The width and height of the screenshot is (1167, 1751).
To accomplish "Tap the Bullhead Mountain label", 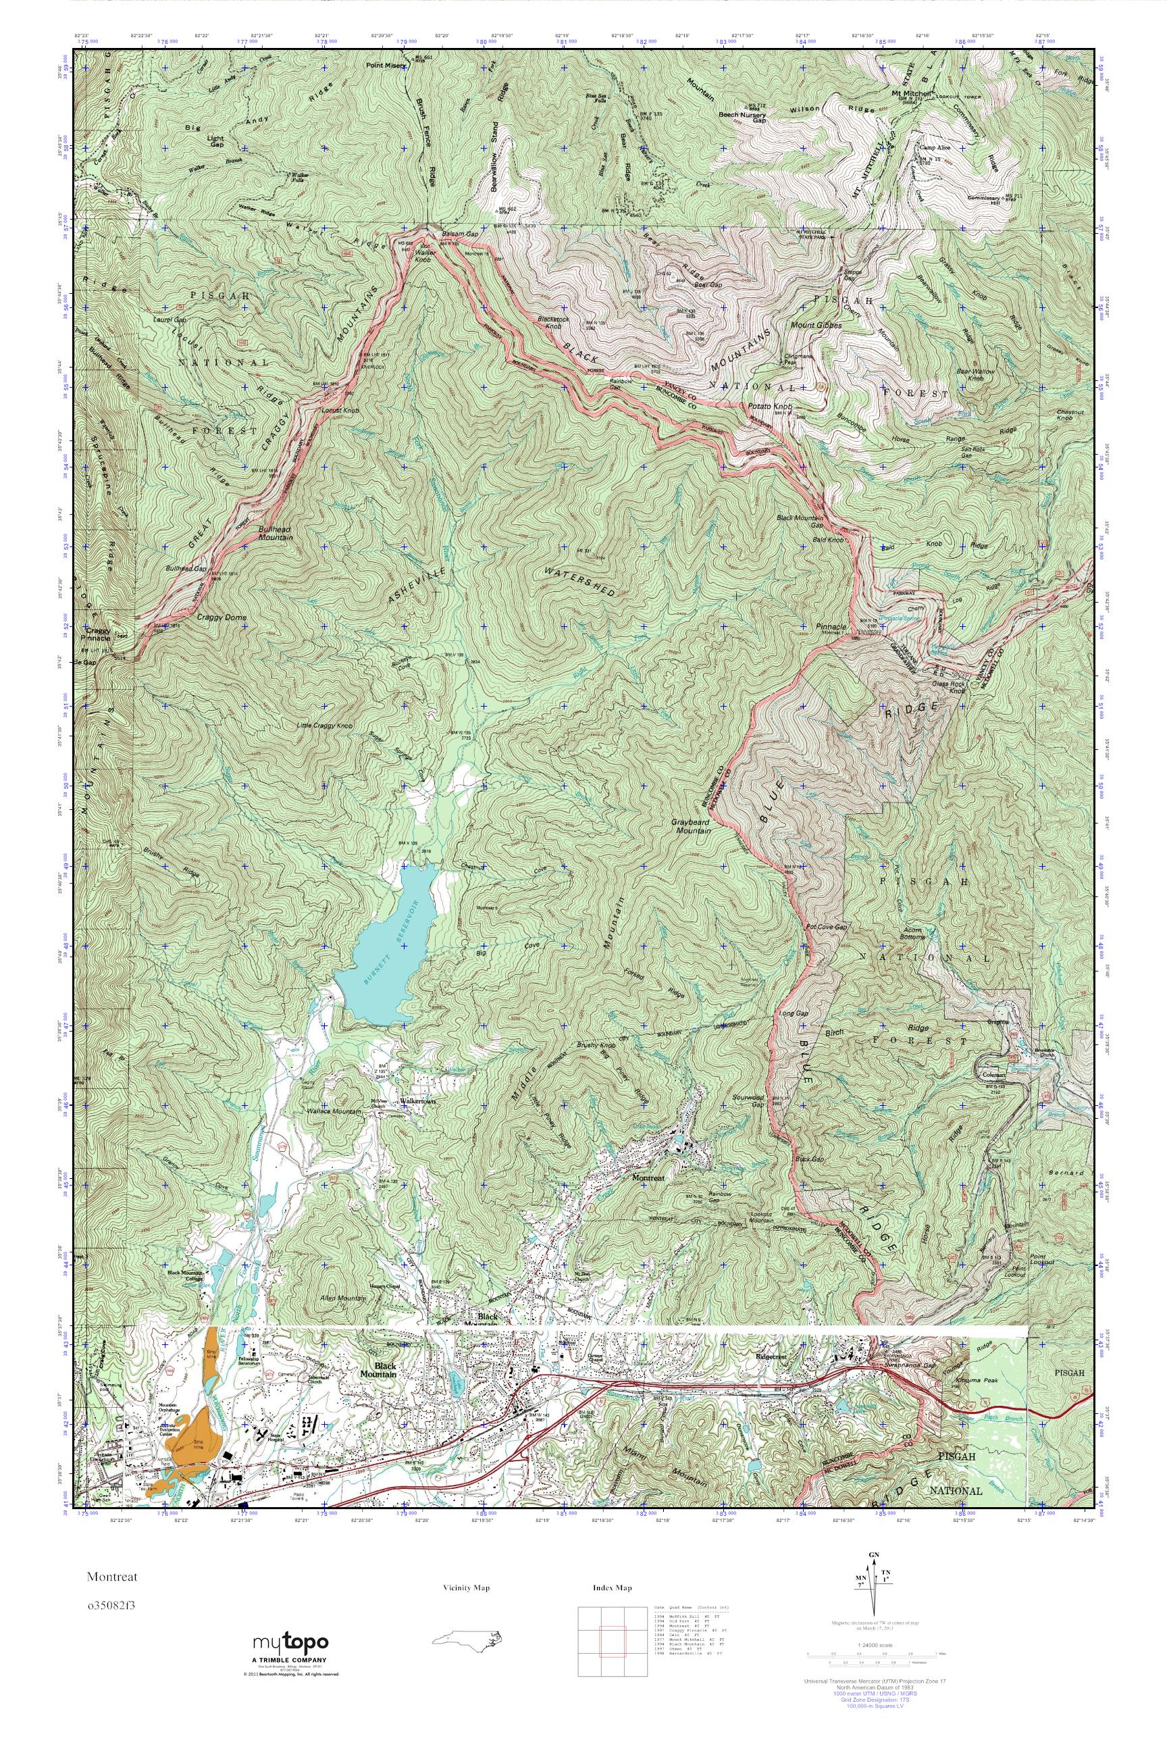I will (275, 532).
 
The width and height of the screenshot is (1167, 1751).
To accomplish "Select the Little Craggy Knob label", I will (324, 725).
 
